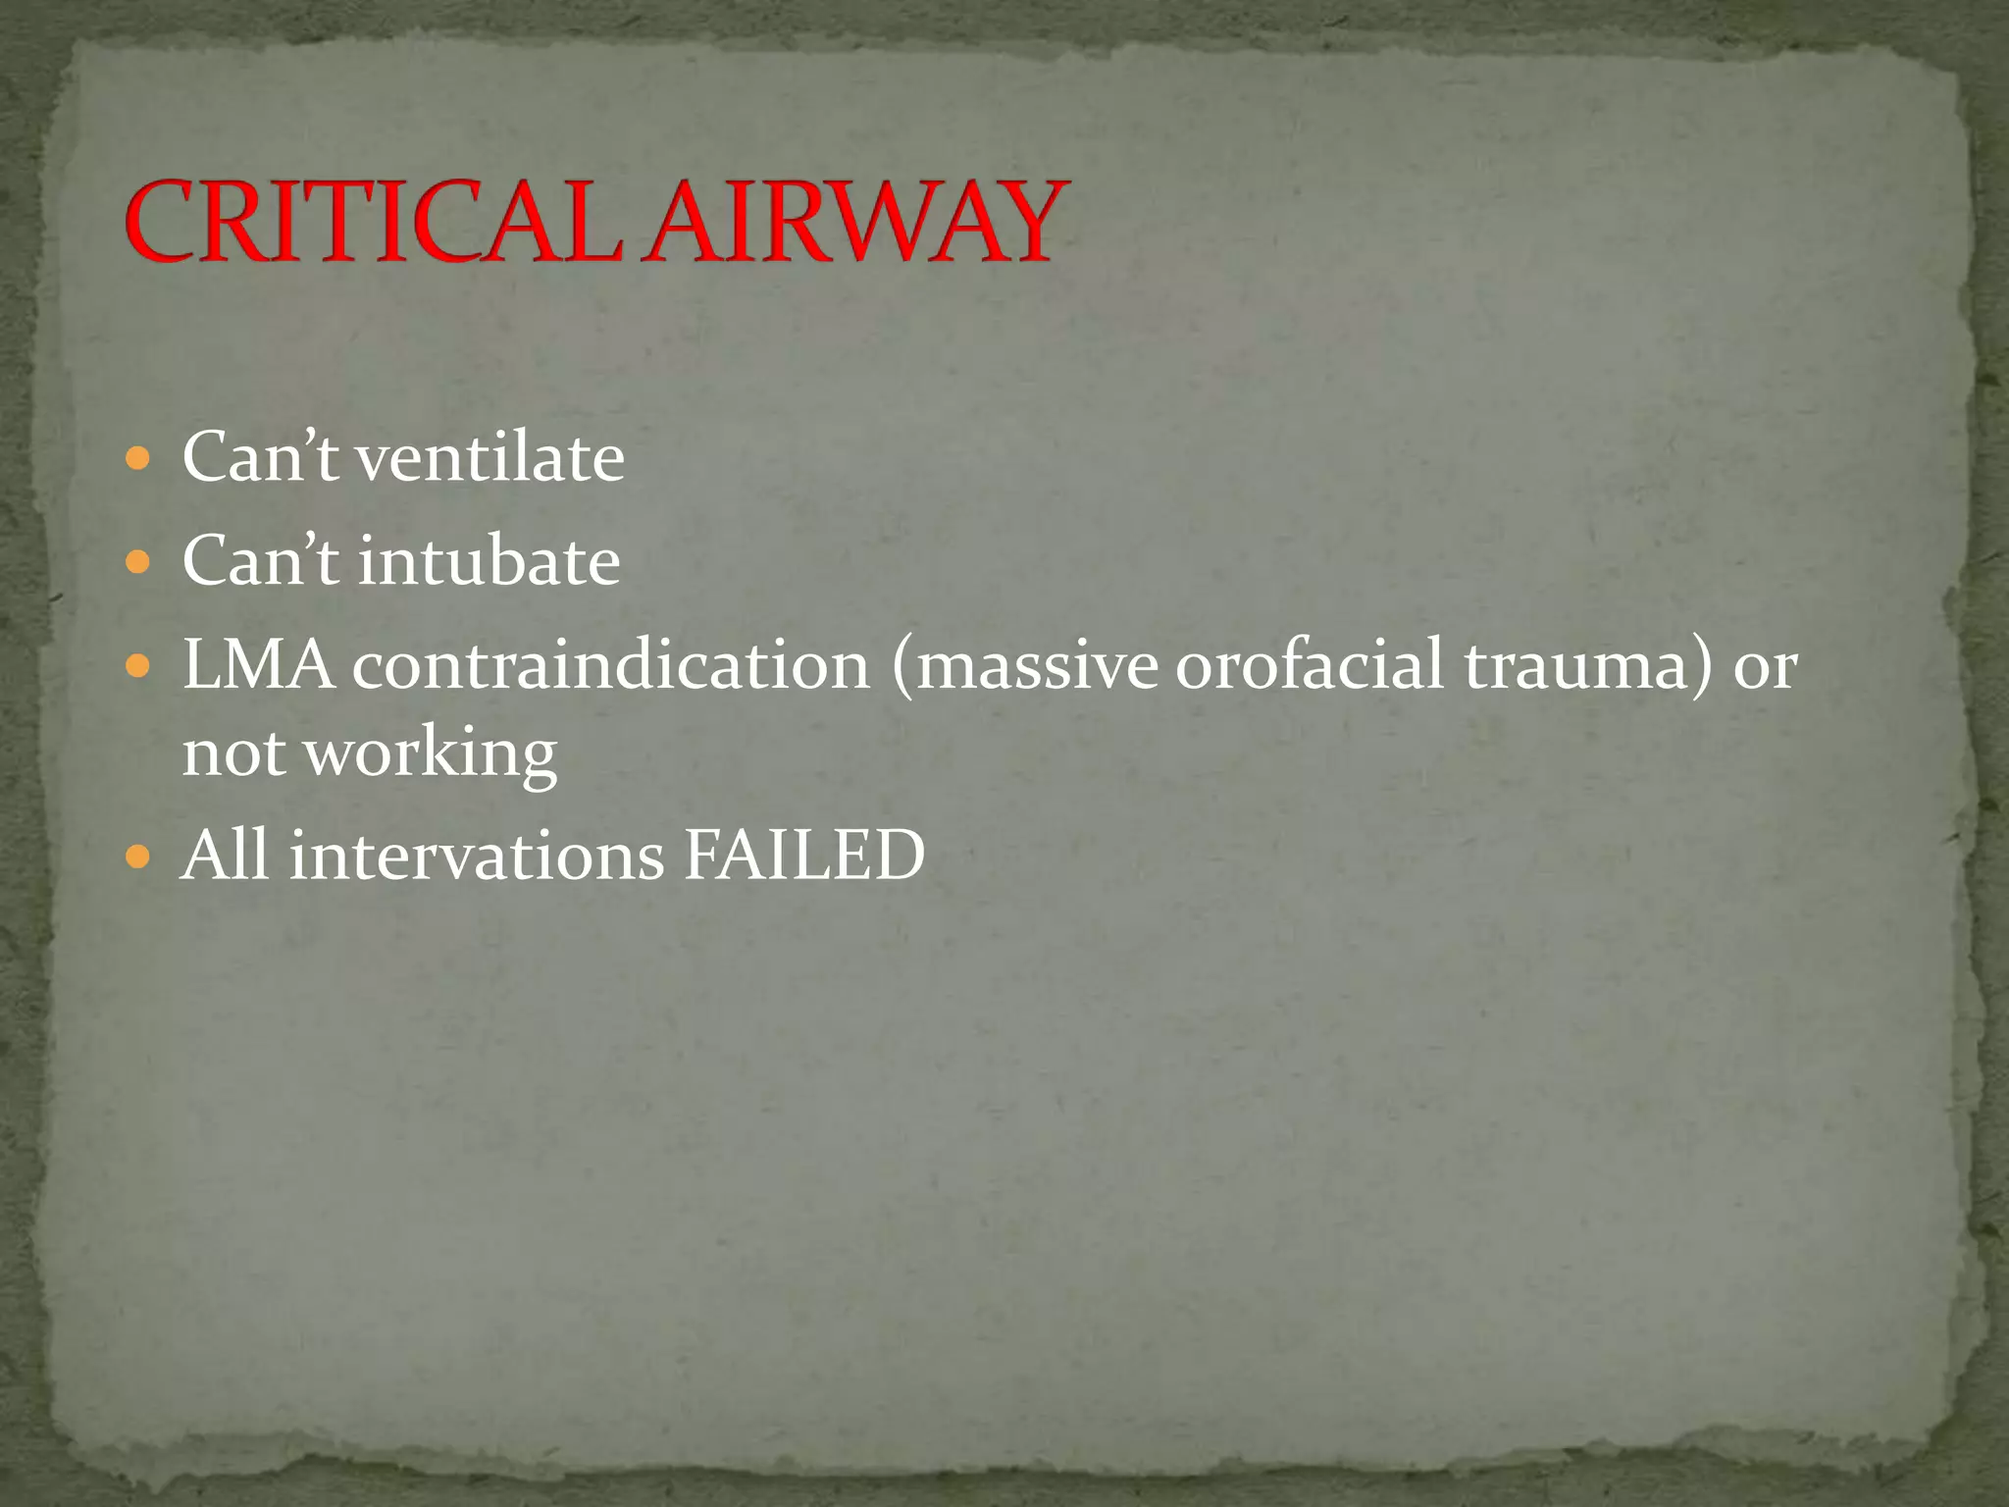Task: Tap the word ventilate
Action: point(489,458)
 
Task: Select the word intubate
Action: point(489,562)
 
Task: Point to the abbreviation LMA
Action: point(258,666)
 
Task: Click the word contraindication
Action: point(611,666)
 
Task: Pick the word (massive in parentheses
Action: point(1025,666)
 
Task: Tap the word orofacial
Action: point(1310,666)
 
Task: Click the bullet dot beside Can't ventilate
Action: point(139,458)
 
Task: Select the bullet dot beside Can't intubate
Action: point(139,562)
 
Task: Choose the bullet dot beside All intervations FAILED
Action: point(139,857)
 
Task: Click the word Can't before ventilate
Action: point(260,458)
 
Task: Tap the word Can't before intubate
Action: point(260,562)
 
